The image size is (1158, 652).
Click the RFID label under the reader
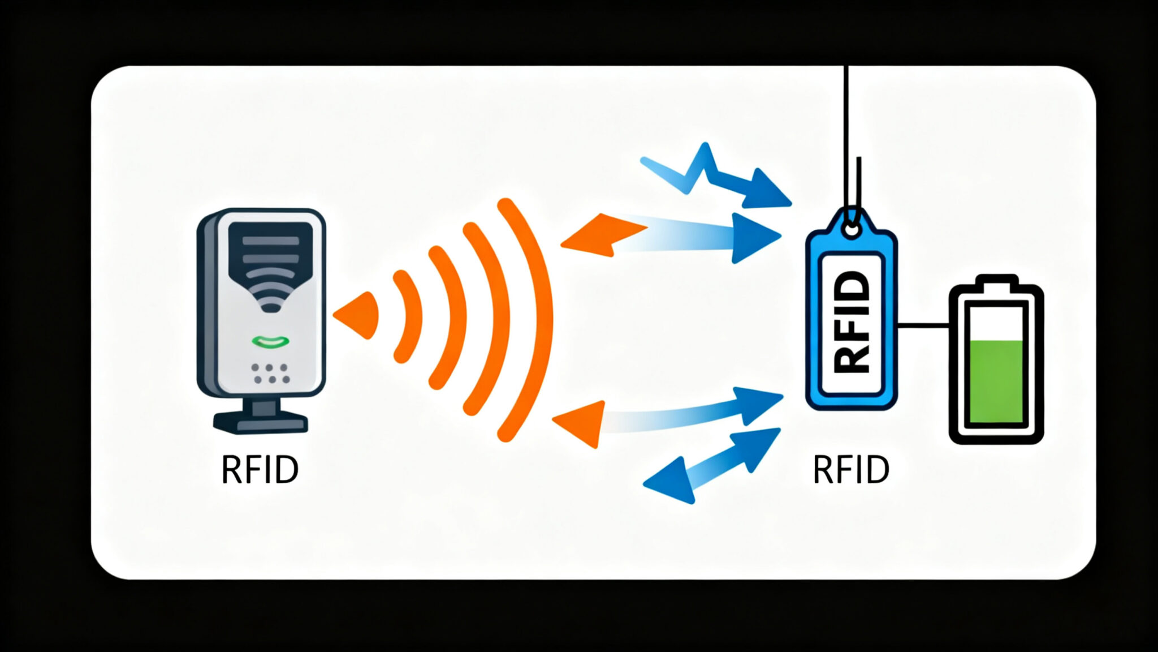pos(260,469)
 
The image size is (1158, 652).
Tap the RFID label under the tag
pos(851,469)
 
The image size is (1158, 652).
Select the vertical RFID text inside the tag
pos(851,323)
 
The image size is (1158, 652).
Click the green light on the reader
pos(270,341)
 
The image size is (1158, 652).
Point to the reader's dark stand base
pos(261,422)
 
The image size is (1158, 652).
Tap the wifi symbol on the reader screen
pos(270,289)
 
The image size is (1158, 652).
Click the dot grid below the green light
pos(271,374)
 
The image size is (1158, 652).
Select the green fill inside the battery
pos(996,381)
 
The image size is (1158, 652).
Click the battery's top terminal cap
pos(996,280)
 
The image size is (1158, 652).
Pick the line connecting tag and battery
pos(923,325)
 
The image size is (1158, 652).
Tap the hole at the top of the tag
pos(851,229)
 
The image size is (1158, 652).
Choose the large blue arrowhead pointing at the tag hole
pos(755,238)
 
